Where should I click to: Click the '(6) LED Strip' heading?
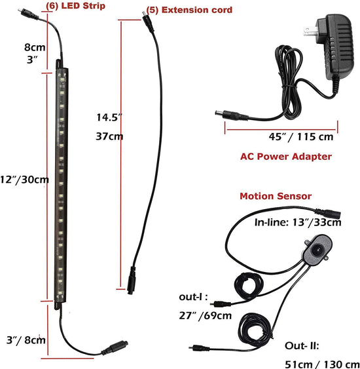[75, 6]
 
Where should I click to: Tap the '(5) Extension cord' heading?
[189, 10]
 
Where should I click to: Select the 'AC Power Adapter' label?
[286, 157]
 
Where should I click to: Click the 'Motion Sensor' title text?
[276, 196]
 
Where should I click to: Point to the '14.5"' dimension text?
[109, 117]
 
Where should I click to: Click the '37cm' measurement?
[109, 136]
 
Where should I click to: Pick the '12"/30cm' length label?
[24, 180]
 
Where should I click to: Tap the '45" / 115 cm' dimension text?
[301, 137]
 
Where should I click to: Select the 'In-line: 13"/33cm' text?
[298, 222]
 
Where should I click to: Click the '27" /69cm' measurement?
[206, 315]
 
